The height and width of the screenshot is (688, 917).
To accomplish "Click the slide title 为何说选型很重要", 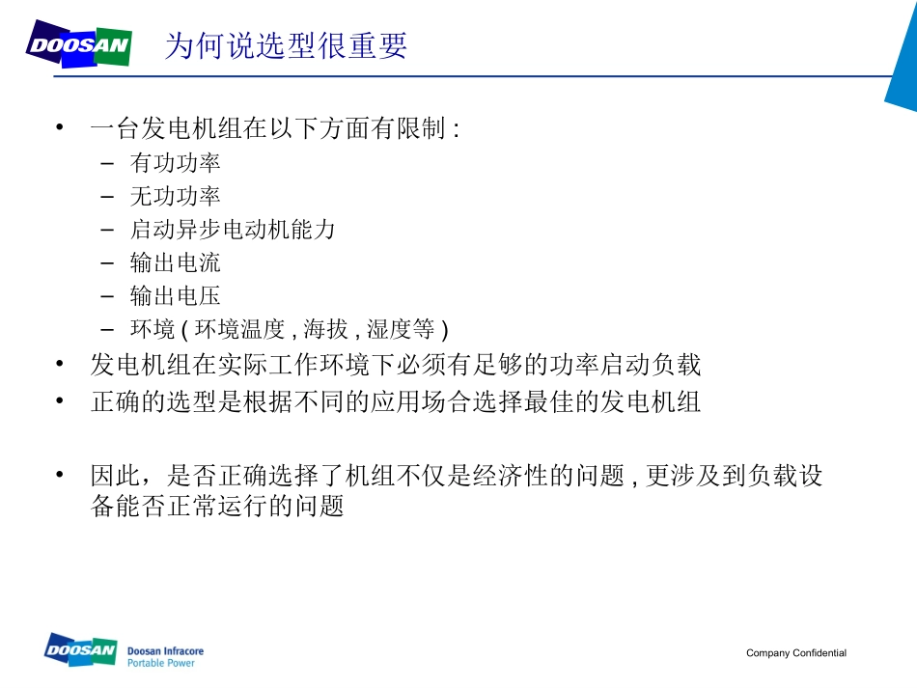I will (x=286, y=45).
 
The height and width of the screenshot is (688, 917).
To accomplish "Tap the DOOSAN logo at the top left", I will (x=79, y=45).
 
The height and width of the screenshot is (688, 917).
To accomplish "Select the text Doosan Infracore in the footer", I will (x=165, y=652).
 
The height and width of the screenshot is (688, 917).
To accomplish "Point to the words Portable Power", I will (x=160, y=664).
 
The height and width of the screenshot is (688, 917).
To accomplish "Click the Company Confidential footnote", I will (x=795, y=653).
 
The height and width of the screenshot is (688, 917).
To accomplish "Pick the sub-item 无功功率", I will (x=175, y=197).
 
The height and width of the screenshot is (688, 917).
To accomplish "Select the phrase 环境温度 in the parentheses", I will (x=239, y=329).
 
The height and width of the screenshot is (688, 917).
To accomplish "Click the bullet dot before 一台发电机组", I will (x=61, y=128).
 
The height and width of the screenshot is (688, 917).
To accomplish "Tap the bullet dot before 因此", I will (x=61, y=475).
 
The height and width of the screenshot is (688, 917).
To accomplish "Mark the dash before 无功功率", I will (x=107, y=197).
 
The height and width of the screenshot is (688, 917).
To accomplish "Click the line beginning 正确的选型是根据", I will (x=395, y=402).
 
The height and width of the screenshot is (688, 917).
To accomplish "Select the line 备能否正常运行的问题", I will (x=217, y=507).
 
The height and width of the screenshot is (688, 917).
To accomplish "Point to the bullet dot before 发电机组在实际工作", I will (x=61, y=365).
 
